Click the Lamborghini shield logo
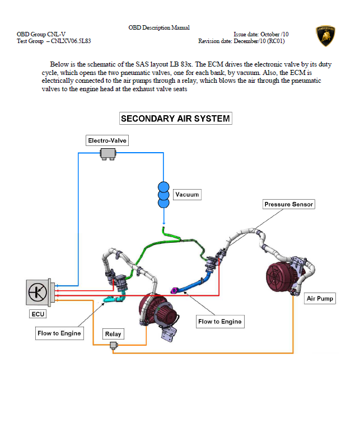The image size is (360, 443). pyautogui.click(x=325, y=36)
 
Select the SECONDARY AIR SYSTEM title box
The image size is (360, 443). pyautogui.click(x=176, y=119)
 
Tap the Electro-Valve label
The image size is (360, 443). pyautogui.click(x=107, y=140)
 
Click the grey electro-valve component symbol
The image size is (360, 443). pyautogui.click(x=107, y=153)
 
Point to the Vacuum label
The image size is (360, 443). pyautogui.click(x=186, y=195)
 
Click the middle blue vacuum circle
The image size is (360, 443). pyautogui.click(x=163, y=195)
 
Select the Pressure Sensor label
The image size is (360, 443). pyautogui.click(x=289, y=204)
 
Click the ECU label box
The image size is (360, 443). pyautogui.click(x=38, y=314)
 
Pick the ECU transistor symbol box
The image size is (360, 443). pyautogui.click(x=39, y=292)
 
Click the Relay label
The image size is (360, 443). pyautogui.click(x=113, y=334)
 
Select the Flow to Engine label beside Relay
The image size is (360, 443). pyautogui.click(x=59, y=333)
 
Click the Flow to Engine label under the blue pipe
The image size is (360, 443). pyautogui.click(x=220, y=322)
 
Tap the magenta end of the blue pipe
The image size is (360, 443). pyautogui.click(x=174, y=290)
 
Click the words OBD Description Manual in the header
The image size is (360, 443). pyautogui.click(x=159, y=27)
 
